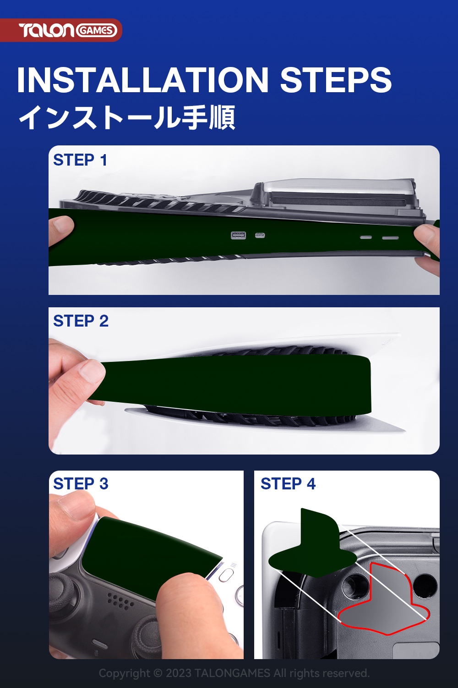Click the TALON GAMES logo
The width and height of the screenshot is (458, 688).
click(x=68, y=30)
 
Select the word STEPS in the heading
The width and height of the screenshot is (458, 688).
click(x=336, y=79)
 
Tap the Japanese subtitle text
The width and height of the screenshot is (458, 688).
click(x=127, y=117)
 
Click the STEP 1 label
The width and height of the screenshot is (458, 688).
click(x=80, y=160)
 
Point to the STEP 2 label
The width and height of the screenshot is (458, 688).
click(x=81, y=321)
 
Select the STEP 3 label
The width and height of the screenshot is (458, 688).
click(x=81, y=483)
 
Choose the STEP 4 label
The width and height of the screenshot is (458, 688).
click(x=288, y=483)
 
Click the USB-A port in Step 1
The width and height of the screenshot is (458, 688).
click(x=238, y=235)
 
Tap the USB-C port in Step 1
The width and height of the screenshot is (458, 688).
click(x=260, y=235)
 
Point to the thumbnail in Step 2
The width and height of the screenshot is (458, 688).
click(x=91, y=372)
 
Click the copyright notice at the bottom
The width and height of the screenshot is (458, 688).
click(x=234, y=673)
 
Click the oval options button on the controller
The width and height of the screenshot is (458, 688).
click(x=226, y=574)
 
